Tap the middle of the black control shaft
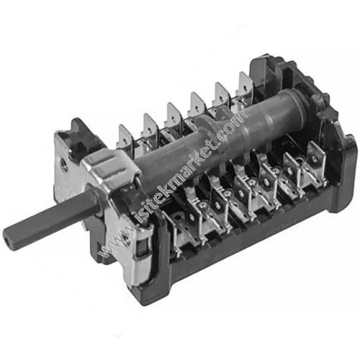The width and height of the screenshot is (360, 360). [x=50, y=219]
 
